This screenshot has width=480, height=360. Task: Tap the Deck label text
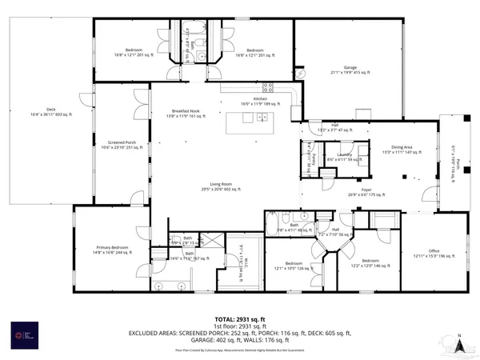pyautogui.click(x=50, y=113)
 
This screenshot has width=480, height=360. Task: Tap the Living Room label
pyautogui.click(x=220, y=186)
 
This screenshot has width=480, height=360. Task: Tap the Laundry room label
pyautogui.click(x=345, y=157)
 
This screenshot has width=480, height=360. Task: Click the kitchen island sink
pyautogui.click(x=262, y=118)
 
